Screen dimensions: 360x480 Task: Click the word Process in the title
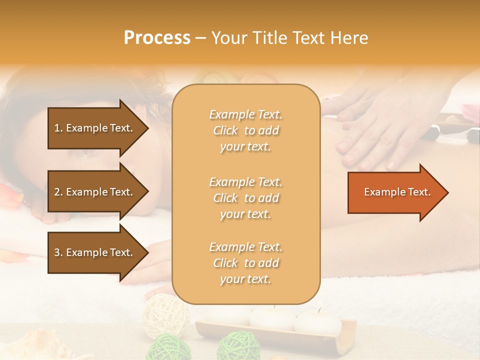point(157,38)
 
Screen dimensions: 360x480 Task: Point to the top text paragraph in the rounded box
point(245,130)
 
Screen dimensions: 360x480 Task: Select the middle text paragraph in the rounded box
point(245,198)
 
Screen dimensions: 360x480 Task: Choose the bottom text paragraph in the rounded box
point(245,263)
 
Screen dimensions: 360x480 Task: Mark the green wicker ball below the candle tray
point(238,345)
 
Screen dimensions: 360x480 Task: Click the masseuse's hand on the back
point(370,135)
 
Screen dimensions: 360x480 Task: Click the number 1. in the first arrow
point(58,128)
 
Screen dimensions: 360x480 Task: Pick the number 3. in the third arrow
point(58,252)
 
